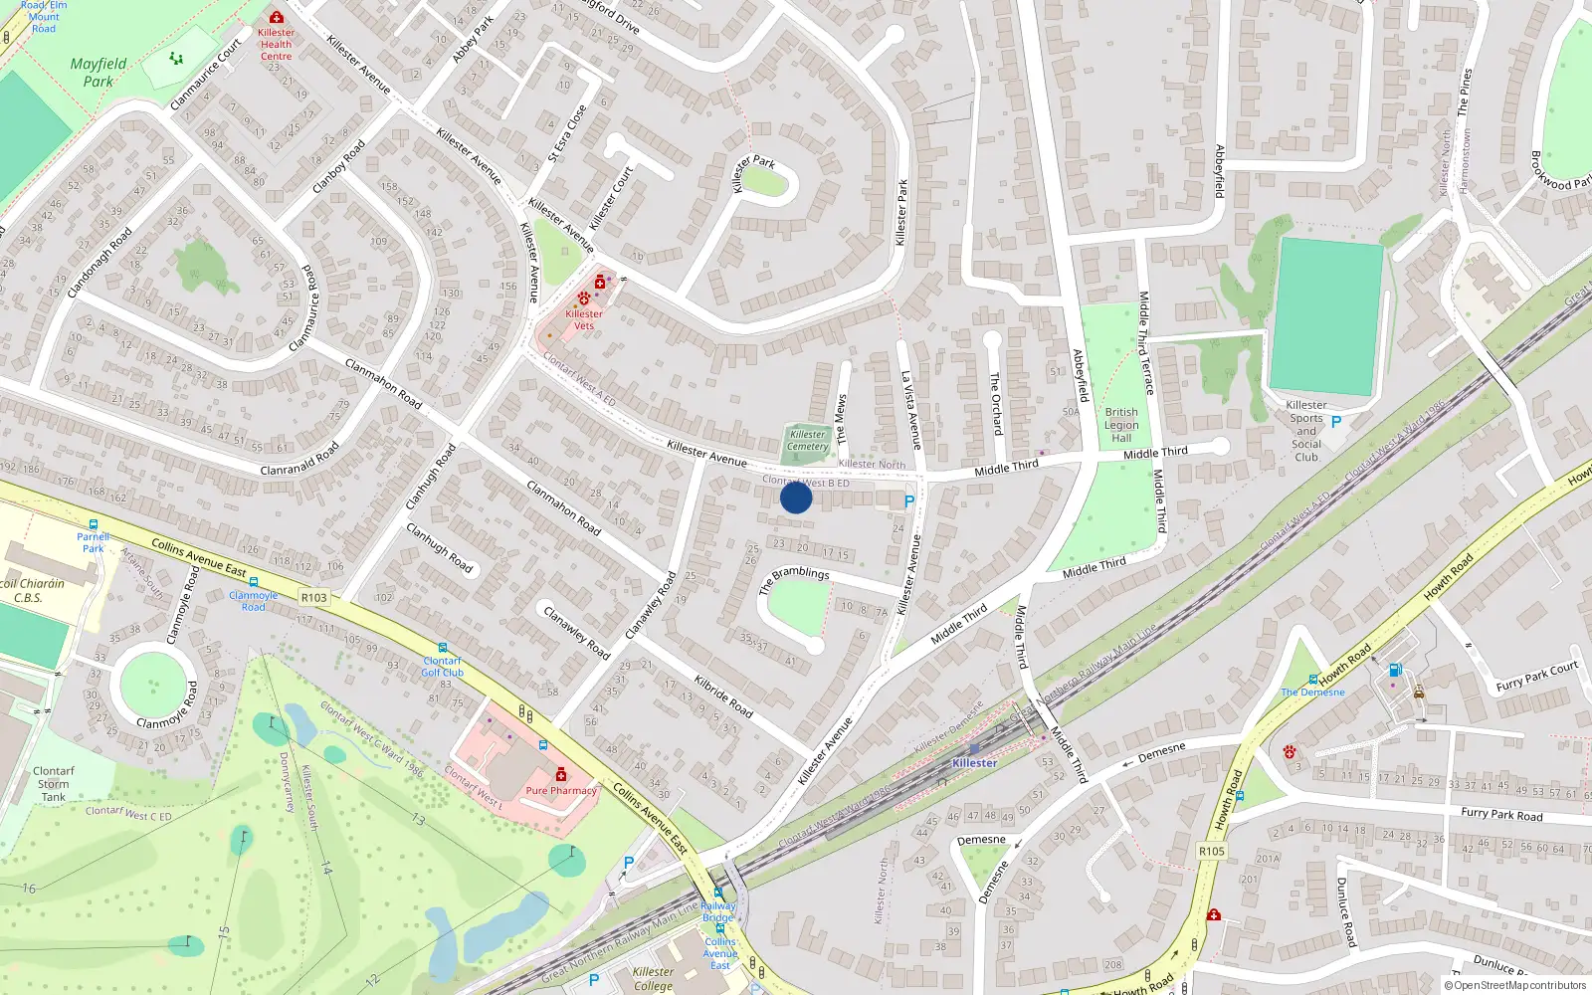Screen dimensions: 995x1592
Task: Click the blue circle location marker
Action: [796, 497]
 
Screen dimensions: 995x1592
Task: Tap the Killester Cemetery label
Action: [807, 441]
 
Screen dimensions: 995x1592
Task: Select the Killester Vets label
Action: [584, 319]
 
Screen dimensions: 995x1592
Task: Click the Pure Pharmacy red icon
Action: [561, 775]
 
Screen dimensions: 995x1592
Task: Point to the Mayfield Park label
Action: [99, 73]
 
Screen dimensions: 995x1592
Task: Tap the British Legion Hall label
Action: [1121, 425]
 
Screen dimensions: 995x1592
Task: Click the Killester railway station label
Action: [974, 763]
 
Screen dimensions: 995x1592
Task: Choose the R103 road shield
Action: [313, 598]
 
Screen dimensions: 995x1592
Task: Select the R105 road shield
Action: [1212, 851]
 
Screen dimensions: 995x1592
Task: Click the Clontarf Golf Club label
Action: [443, 667]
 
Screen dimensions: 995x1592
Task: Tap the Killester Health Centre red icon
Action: [277, 18]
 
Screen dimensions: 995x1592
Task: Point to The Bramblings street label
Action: [794, 579]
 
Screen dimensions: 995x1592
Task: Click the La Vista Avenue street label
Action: [910, 409]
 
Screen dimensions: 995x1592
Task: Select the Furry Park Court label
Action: [1537, 677]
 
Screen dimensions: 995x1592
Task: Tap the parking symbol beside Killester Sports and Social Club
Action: [1336, 422]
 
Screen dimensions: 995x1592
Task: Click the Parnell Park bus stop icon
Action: [94, 524]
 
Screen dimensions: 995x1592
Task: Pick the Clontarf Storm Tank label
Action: [54, 784]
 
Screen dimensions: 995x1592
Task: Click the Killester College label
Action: [653, 979]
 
